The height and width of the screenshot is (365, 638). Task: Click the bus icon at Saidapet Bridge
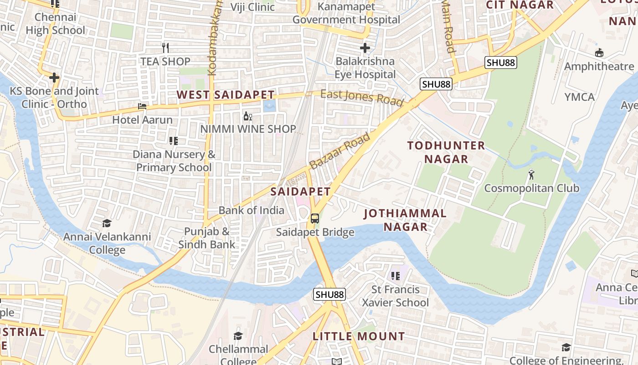pos(315,218)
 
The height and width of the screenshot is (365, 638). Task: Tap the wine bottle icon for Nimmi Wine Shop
pos(248,116)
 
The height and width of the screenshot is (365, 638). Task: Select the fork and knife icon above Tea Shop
pos(165,47)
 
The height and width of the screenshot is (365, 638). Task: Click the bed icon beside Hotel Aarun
pos(142,106)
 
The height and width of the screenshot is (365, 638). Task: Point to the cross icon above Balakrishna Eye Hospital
pos(365,47)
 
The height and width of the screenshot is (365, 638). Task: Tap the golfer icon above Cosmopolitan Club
pos(531,174)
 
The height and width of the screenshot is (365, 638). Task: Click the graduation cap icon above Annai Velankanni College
pos(107,223)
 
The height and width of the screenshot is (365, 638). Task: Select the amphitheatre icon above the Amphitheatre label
pos(599,53)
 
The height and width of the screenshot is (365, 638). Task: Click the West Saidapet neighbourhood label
pos(226,95)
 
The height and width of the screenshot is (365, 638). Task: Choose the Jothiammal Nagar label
pos(405,220)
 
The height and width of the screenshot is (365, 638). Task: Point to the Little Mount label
pos(359,337)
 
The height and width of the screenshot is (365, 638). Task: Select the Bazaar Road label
pos(340,151)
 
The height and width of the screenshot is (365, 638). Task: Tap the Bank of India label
pos(251,210)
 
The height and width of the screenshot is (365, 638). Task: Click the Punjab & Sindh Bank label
pos(206,238)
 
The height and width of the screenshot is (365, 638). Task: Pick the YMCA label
pos(579,97)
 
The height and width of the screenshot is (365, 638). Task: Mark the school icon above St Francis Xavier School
pos(395,276)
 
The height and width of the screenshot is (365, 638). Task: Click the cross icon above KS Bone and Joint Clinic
pos(54,78)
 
